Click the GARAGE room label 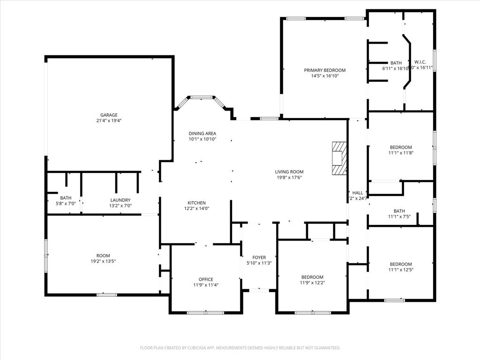click(109, 115)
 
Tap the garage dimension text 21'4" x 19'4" click(109, 120)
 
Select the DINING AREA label click(202, 133)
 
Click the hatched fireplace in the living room click(339, 158)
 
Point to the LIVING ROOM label click(289, 172)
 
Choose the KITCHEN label click(196, 203)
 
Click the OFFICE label click(206, 279)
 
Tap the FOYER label click(259, 257)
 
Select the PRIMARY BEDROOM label click(324, 70)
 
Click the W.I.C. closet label click(420, 62)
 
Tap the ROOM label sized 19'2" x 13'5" click(103, 255)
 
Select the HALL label click(358, 193)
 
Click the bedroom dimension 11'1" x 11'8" click(401, 152)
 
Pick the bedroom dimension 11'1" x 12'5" click(401, 270)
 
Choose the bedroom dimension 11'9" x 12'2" click(312, 283)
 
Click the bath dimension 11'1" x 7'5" click(399, 217)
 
